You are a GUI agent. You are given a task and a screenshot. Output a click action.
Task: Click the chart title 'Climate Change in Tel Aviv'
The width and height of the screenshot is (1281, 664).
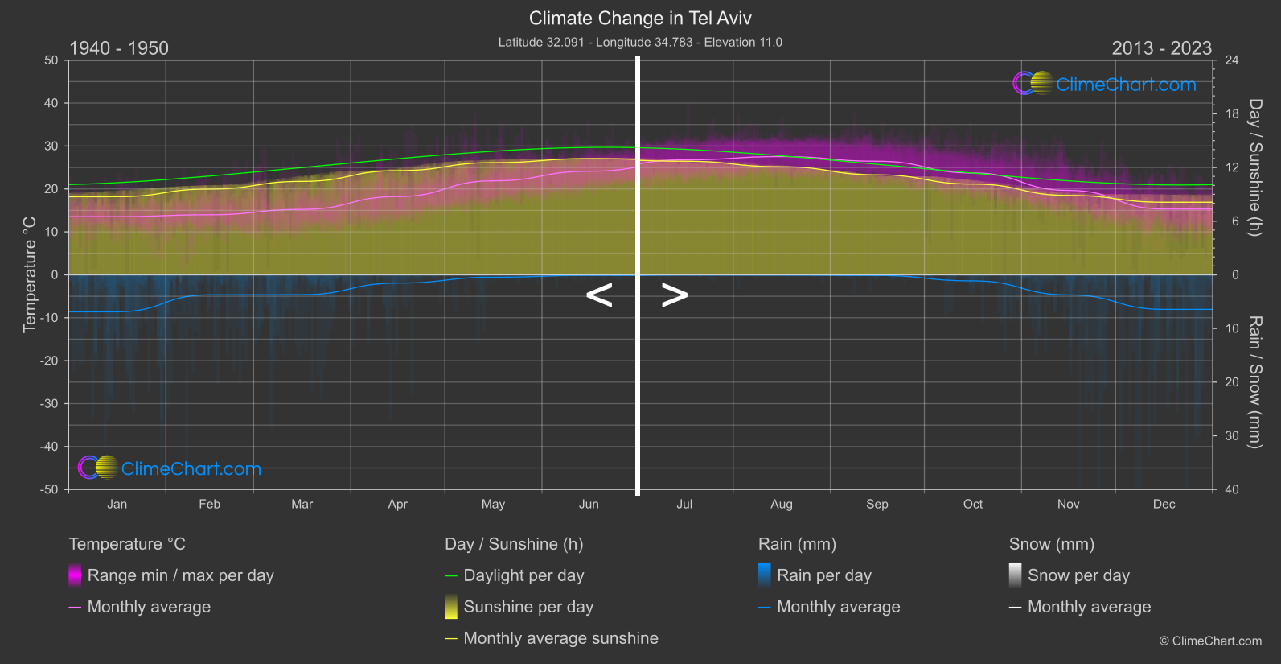640,19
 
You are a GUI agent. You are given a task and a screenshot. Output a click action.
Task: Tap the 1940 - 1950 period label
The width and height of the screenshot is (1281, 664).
119,48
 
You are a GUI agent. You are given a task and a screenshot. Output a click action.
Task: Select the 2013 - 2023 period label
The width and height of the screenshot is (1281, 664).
1161,48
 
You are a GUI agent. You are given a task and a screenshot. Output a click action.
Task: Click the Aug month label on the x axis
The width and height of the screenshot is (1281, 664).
781,505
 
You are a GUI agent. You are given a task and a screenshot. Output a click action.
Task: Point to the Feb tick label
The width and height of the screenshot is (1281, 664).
209,505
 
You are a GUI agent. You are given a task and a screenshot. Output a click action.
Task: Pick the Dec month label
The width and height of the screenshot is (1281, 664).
1164,505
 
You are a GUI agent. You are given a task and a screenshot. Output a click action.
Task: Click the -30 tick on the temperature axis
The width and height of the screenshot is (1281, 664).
50,404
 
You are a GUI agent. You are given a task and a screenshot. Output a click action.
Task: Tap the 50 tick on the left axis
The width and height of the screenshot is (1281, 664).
51,60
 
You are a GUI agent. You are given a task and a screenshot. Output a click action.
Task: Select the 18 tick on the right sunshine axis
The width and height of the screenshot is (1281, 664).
1231,114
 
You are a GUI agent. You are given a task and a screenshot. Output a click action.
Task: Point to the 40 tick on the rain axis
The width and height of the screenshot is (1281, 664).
1231,489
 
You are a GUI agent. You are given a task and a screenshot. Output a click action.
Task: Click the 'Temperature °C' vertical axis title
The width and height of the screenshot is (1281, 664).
30,274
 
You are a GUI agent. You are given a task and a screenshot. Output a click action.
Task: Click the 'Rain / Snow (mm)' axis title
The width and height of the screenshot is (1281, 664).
1254,381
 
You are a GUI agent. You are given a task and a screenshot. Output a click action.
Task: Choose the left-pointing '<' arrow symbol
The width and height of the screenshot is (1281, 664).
599,295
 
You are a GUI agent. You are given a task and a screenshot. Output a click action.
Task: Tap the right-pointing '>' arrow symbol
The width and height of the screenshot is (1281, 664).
675,295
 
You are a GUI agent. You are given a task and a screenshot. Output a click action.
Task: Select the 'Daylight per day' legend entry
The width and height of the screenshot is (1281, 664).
523,575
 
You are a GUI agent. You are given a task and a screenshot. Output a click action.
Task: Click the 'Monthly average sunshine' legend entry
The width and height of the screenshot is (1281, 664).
560,638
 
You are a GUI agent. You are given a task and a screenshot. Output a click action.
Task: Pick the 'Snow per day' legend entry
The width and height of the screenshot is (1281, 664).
1078,575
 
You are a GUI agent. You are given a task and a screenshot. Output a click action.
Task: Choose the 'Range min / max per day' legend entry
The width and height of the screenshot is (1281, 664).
180,575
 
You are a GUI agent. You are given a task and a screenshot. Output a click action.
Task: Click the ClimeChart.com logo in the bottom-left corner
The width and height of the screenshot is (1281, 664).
170,468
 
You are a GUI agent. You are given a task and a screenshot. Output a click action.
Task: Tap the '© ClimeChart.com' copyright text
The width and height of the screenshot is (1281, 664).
1210,641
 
